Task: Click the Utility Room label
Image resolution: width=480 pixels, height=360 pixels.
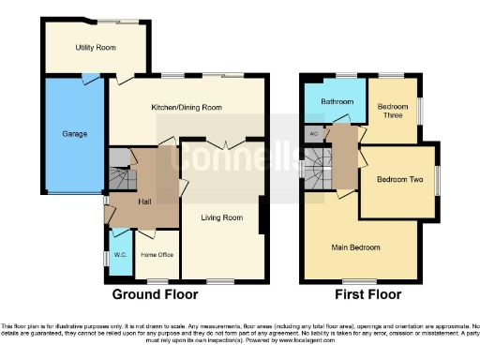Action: coord(96,46)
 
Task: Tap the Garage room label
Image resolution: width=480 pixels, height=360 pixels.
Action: coord(75,134)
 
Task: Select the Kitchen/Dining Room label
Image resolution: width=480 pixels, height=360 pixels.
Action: coord(187,108)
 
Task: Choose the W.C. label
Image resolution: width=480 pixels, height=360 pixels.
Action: coord(120,254)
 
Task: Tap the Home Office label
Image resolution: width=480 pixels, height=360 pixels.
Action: coord(157,254)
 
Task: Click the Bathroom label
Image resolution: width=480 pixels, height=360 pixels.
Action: coord(336,100)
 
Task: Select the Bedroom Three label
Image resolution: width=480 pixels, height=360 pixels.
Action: coord(393,112)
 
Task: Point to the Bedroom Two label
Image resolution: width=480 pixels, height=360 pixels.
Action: coord(398,179)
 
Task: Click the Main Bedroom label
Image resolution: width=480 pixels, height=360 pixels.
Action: coord(356,247)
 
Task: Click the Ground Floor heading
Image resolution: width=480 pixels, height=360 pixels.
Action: coord(156,293)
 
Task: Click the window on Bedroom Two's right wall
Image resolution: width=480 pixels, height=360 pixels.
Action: coord(437,180)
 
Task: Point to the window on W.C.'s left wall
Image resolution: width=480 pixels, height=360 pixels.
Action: coord(106,257)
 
